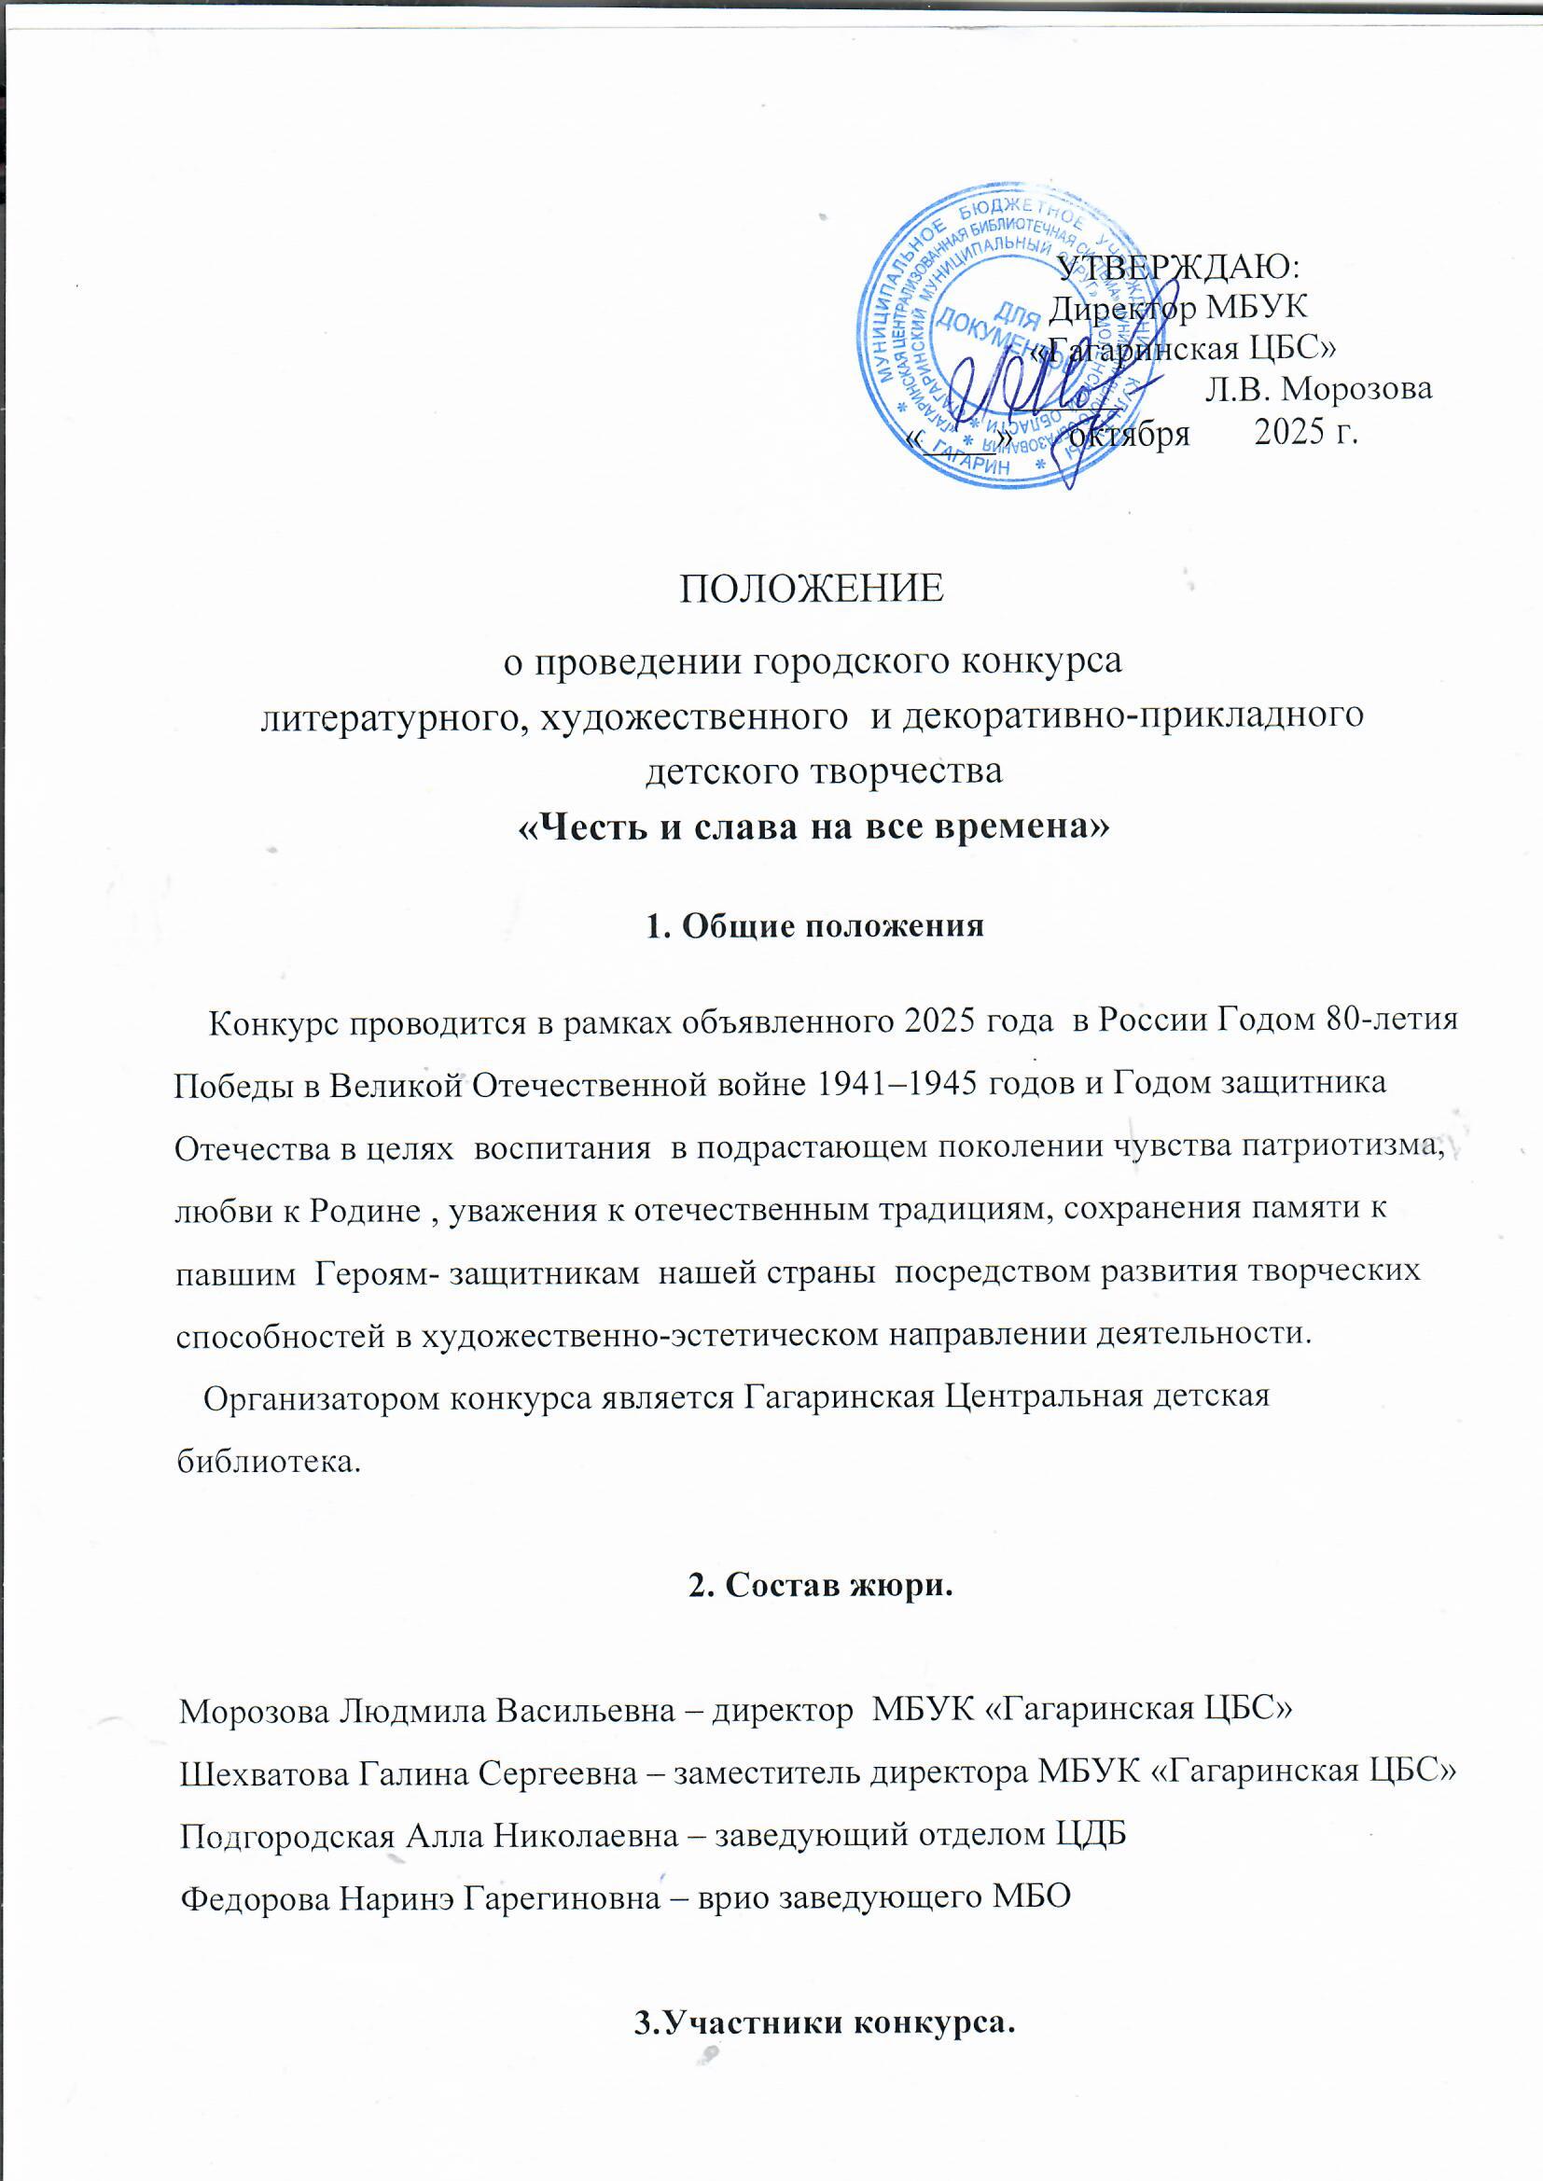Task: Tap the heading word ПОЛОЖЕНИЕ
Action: pyautogui.click(x=812, y=589)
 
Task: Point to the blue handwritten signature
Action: pyautogui.click(x=1036, y=399)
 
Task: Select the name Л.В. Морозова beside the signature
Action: pyautogui.click(x=1318, y=390)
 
